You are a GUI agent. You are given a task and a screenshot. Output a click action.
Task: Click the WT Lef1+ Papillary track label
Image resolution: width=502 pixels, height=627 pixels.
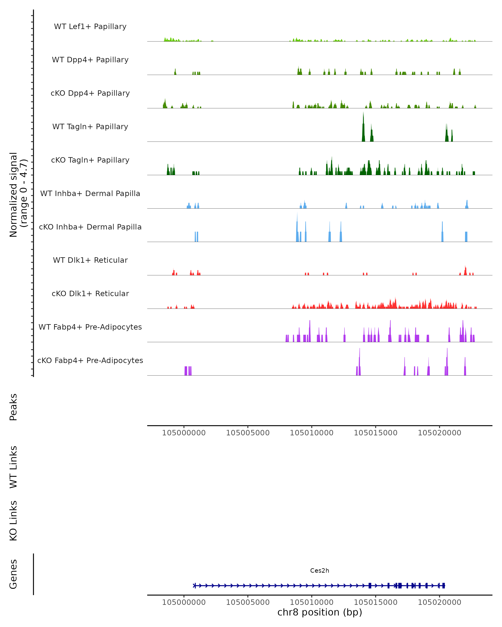point(90,27)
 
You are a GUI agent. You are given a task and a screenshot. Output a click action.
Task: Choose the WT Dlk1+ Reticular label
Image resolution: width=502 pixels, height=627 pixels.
point(90,260)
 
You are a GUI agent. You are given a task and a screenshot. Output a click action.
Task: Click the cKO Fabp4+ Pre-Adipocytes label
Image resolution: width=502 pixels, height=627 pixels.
point(90,360)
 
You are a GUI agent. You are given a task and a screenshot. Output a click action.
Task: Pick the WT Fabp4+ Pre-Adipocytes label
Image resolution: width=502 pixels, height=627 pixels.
point(90,327)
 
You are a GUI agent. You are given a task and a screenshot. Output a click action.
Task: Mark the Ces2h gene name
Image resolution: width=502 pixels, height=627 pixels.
point(320,571)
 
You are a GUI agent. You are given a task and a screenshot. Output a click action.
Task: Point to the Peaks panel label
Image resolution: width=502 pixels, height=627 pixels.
point(13,407)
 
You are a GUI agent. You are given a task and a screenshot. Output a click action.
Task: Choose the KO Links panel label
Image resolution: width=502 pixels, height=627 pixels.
point(13,521)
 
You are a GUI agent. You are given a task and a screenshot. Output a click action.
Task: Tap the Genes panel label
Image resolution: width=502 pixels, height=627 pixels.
point(13,574)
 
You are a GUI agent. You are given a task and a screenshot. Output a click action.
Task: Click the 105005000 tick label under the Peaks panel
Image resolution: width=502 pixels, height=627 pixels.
point(248,433)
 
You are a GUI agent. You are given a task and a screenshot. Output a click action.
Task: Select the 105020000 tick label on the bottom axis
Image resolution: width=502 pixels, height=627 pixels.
point(439,602)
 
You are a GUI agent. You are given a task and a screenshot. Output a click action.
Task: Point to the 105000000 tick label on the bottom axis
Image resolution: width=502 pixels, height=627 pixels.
point(184,602)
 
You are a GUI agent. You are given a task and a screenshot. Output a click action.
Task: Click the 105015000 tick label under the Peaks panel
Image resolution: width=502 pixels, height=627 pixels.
point(375,433)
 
